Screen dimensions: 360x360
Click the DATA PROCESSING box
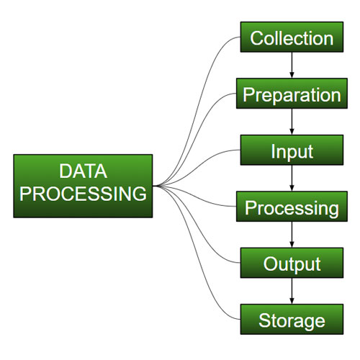pos(83,185)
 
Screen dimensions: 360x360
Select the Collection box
pos(292,38)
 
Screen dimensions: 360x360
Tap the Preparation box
pos(292,94)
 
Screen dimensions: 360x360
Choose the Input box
pos(292,151)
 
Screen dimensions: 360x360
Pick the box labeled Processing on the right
pos(292,208)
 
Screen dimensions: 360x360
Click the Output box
pos(292,264)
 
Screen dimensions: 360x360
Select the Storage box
pos(292,320)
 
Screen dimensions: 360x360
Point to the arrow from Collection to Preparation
pos(292,66)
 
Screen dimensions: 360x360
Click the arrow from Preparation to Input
pos(292,123)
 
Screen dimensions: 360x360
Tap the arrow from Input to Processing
pos(292,180)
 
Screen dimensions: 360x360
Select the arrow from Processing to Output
pos(292,236)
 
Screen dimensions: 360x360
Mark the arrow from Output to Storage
pos(292,292)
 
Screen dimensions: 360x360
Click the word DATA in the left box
pos(83,171)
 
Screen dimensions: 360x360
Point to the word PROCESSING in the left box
pos(83,194)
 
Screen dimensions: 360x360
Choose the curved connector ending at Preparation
pos(205,115)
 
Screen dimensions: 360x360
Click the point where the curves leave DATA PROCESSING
pos(155,186)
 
